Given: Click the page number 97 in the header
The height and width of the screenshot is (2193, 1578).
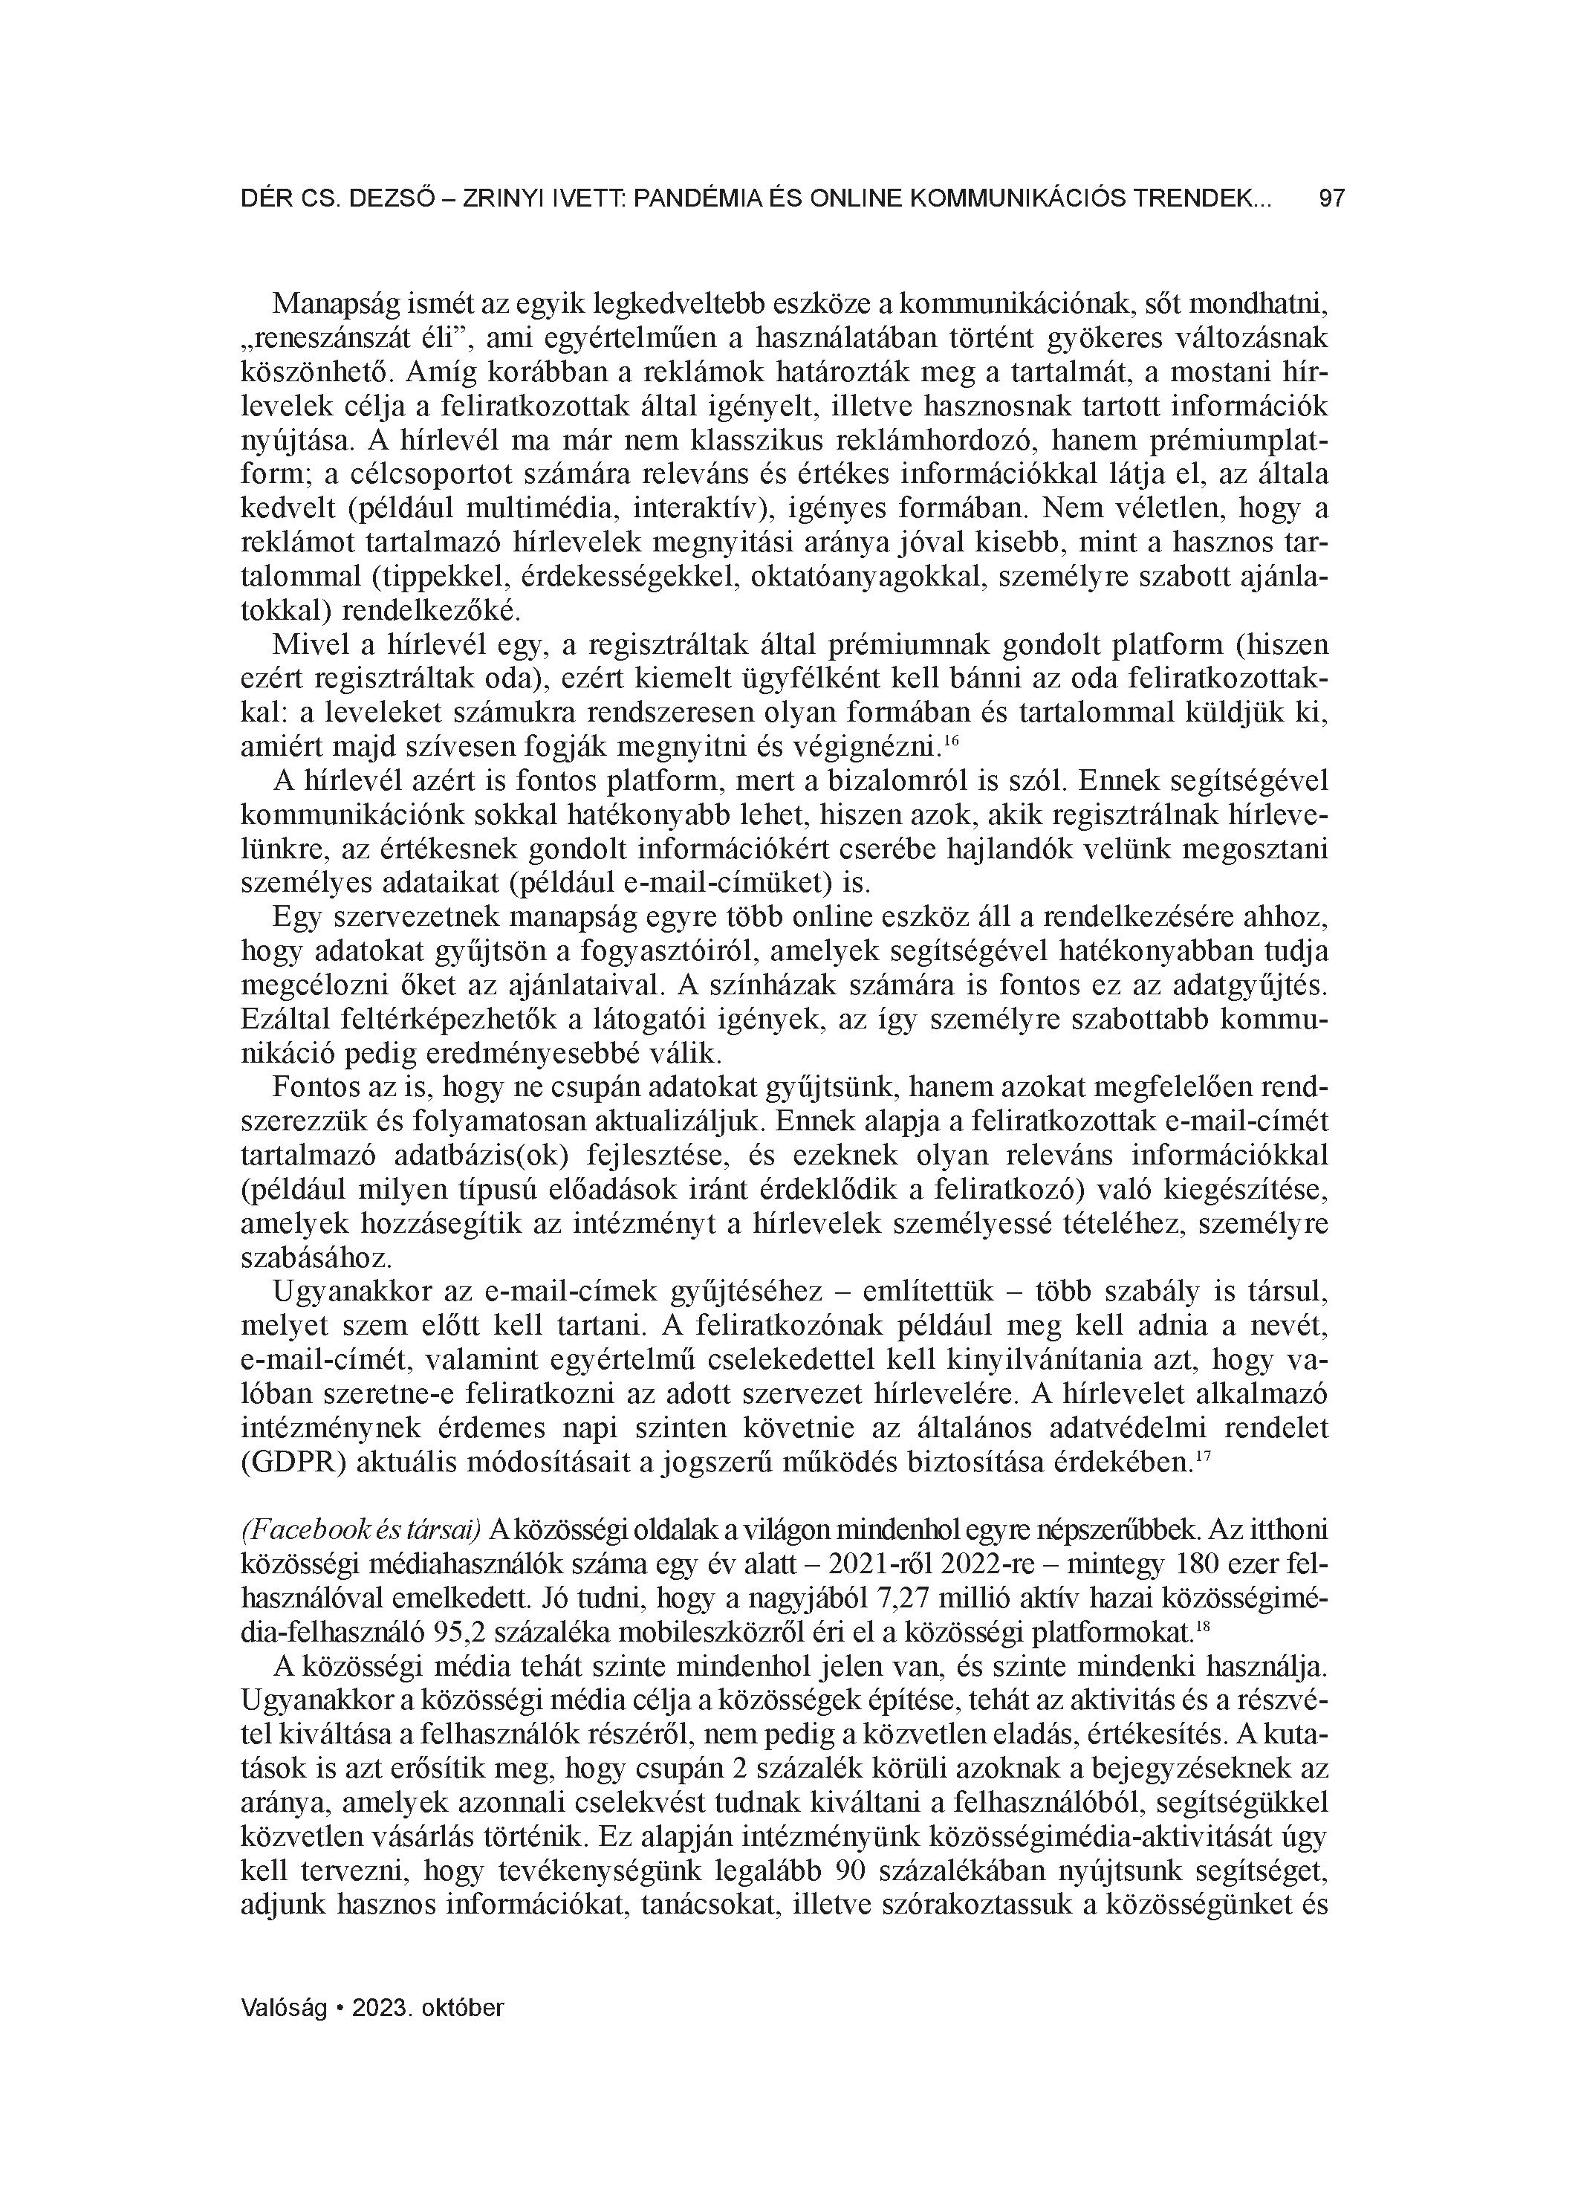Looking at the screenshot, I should (1331, 199).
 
